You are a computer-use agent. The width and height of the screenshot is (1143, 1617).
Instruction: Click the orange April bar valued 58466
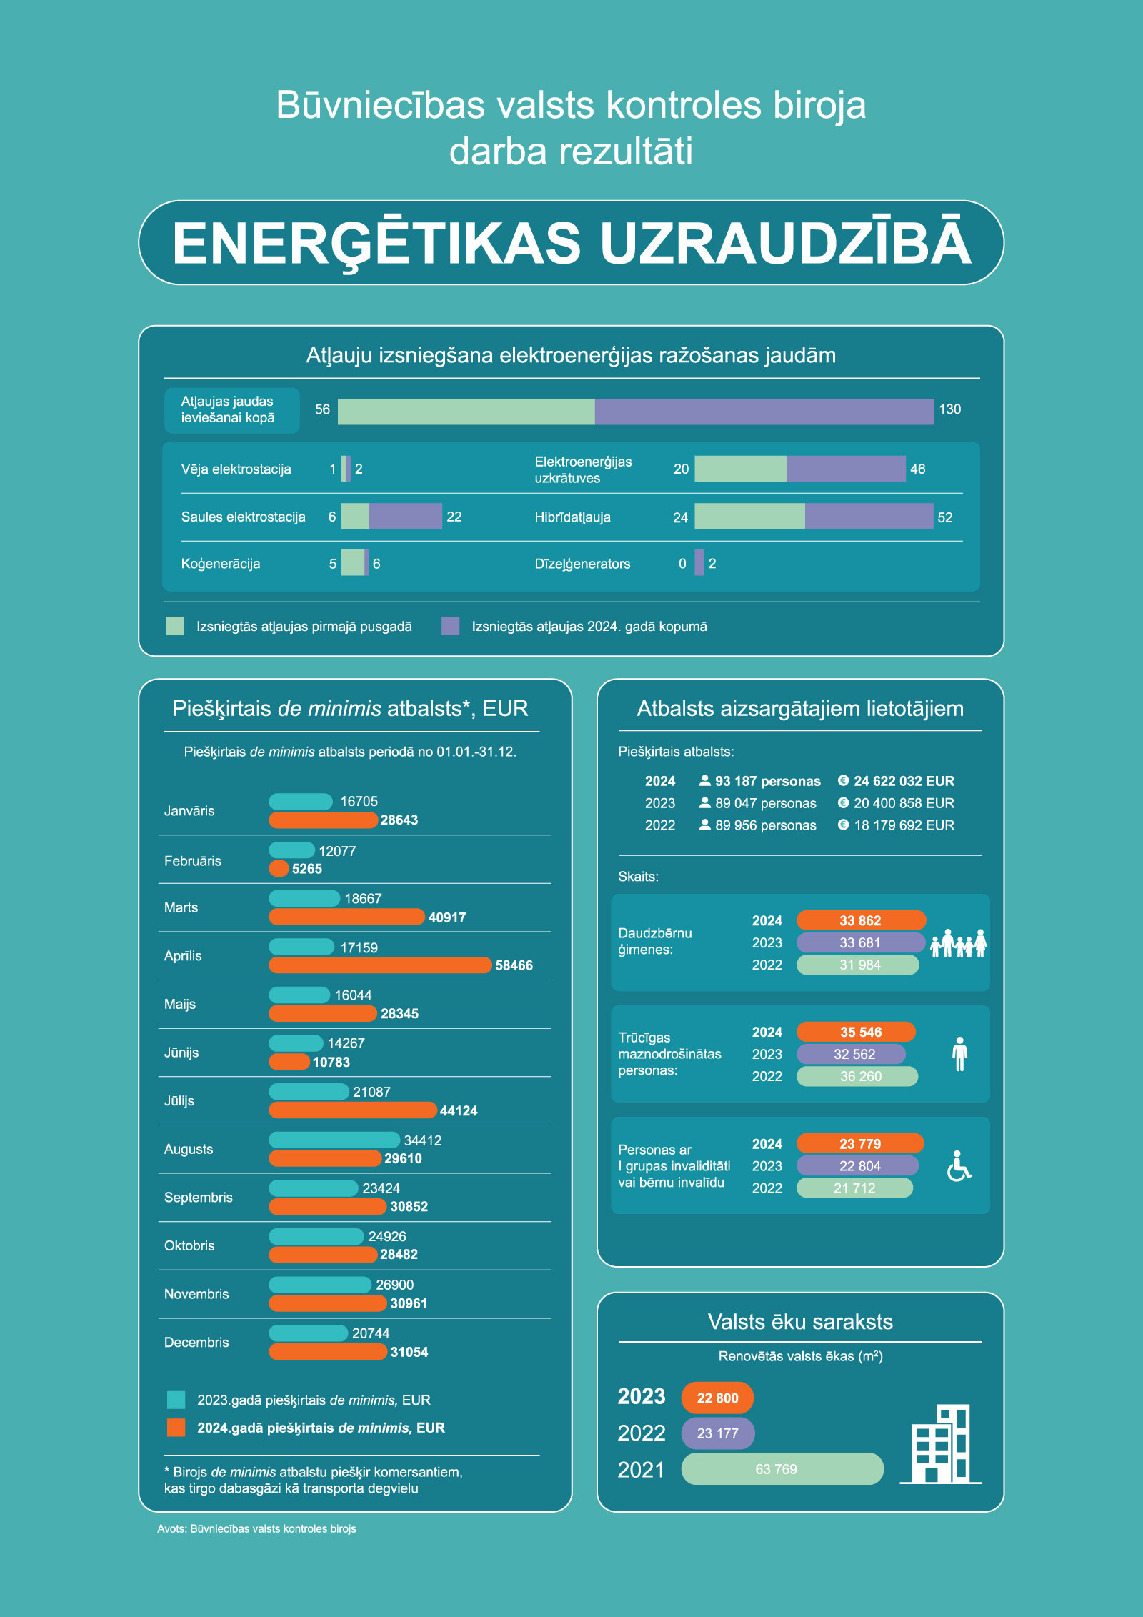point(380,965)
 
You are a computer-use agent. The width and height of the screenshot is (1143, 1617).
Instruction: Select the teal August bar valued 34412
point(334,1140)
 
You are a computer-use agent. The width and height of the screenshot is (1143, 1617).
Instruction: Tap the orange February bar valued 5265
point(279,869)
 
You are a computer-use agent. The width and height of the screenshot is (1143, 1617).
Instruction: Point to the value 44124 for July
point(459,1110)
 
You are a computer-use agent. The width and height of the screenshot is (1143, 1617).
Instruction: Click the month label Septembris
point(199,1197)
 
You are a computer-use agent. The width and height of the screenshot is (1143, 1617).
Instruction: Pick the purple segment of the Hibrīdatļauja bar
point(869,517)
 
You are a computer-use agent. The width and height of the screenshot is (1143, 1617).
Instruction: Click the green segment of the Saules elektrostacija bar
point(355,517)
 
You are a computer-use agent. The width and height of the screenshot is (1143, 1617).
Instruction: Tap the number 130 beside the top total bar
point(949,409)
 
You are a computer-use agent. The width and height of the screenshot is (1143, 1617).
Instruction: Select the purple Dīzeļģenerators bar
point(699,563)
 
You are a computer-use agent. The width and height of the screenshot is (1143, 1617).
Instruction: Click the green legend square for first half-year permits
point(175,627)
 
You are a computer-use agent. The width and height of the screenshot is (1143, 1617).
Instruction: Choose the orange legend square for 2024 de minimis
point(176,1428)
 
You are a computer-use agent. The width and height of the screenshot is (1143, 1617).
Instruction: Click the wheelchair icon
point(959,1166)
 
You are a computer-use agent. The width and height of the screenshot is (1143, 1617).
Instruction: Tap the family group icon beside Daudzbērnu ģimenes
point(959,943)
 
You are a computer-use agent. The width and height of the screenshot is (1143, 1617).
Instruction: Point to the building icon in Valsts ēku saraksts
point(942,1444)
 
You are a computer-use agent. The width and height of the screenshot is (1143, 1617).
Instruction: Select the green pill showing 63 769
point(782,1469)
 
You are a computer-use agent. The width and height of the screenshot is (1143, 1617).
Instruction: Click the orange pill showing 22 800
point(717,1398)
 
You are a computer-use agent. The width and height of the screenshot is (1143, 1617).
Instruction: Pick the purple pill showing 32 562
point(851,1054)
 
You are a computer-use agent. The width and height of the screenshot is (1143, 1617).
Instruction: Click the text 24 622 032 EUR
point(904,781)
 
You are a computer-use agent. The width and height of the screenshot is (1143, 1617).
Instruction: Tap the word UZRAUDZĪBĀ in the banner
point(785,243)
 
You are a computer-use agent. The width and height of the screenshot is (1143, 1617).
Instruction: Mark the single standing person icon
point(959,1054)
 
